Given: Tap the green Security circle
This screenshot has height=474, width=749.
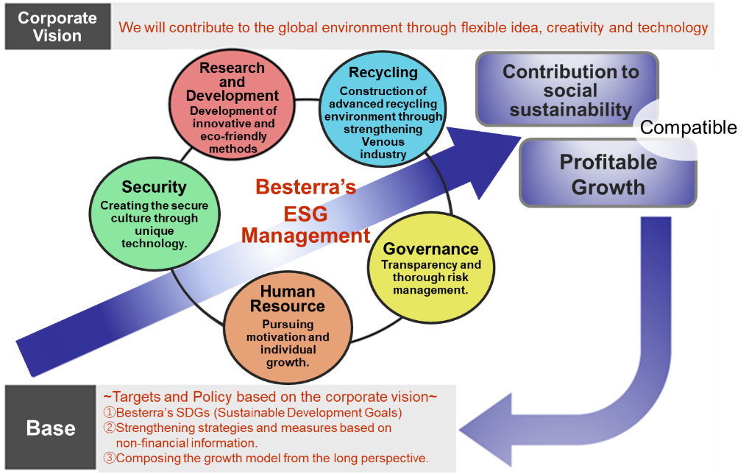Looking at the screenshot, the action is (x=155, y=213).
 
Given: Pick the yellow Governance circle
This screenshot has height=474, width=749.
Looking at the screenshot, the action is (x=431, y=268).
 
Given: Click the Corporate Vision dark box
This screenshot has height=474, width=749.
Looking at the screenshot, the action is (x=58, y=26).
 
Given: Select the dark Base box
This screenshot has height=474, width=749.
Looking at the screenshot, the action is (x=51, y=428).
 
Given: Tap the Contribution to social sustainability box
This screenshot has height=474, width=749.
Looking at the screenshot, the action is (x=568, y=90).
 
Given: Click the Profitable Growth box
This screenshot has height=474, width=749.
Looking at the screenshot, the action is (x=608, y=174).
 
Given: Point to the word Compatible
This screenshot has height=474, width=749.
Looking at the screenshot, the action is (x=689, y=127).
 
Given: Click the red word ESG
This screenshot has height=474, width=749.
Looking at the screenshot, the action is (x=306, y=213).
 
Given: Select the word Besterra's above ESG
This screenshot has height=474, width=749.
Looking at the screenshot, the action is (x=306, y=187).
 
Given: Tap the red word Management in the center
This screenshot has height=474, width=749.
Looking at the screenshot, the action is (x=306, y=236).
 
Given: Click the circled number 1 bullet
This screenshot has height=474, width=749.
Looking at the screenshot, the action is (x=110, y=412).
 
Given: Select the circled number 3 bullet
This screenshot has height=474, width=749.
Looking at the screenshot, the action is (x=110, y=458).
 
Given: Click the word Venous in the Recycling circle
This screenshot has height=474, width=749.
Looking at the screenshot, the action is (x=383, y=142).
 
